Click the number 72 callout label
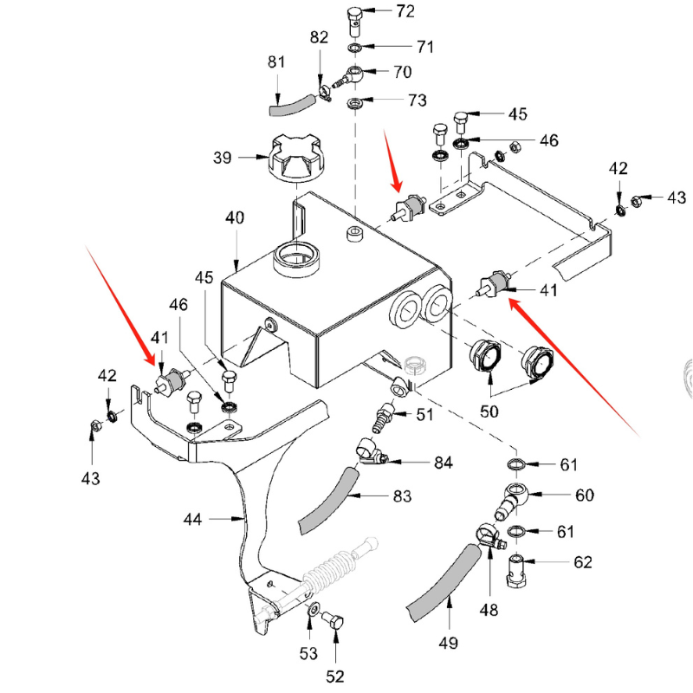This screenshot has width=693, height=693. click(x=405, y=11)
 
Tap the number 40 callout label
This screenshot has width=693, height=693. click(x=236, y=217)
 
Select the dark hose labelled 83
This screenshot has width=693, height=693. click(x=327, y=502)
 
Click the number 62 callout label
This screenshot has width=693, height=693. click(x=582, y=562)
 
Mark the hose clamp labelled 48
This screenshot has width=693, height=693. click(x=487, y=537)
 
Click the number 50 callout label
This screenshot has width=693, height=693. click(x=491, y=411)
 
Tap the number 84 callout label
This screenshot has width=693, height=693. click(x=443, y=463)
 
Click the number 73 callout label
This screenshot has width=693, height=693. click(x=417, y=100)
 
